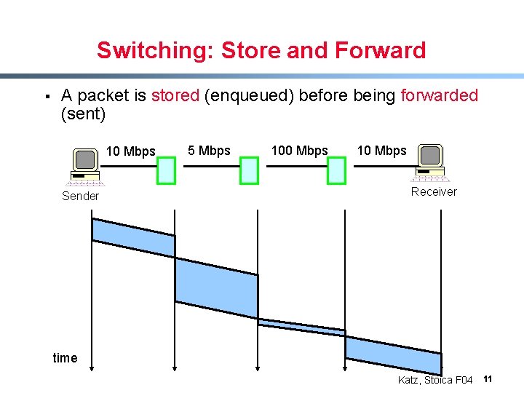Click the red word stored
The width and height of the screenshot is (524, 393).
click(175, 95)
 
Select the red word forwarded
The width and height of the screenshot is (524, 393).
click(439, 95)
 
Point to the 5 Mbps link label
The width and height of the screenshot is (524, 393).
click(209, 151)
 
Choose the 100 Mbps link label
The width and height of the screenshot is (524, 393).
click(299, 151)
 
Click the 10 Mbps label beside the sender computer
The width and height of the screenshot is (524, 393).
click(131, 151)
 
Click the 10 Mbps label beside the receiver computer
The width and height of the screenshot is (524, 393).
click(381, 151)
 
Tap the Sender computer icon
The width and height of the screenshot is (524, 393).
click(84, 164)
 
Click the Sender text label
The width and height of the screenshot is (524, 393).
click(80, 196)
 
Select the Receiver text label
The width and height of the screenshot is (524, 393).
click(434, 191)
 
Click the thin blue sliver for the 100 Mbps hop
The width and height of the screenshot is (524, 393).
click(301, 327)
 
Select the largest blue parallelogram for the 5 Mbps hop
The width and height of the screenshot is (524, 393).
click(216, 287)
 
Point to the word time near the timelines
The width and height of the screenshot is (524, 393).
click(65, 357)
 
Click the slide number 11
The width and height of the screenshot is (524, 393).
click(488, 379)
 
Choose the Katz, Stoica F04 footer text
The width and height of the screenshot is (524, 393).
click(435, 380)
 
